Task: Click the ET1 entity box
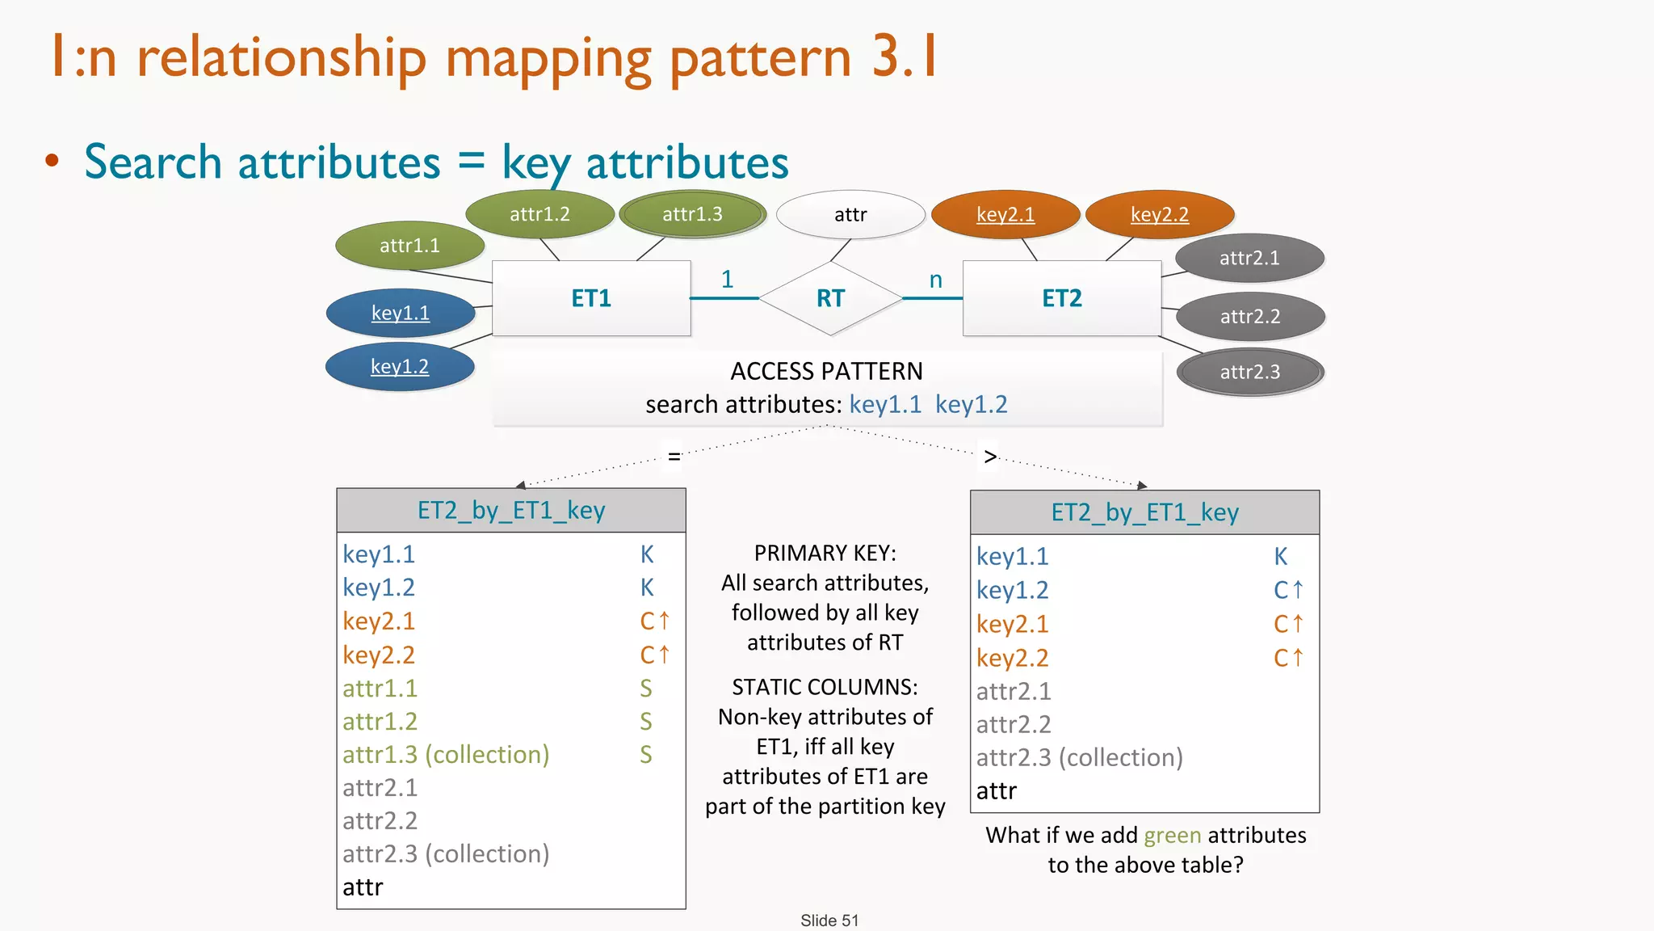click(x=591, y=298)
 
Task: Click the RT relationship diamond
click(x=830, y=298)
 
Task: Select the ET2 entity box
click(x=1061, y=298)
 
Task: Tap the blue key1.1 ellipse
click(x=401, y=313)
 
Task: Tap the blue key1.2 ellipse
click(x=400, y=367)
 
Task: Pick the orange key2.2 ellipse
click(x=1160, y=214)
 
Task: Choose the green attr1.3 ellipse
click(x=692, y=214)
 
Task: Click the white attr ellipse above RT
click(x=850, y=214)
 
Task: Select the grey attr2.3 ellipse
click(x=1249, y=372)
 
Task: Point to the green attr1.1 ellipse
click(x=409, y=246)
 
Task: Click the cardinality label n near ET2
click(x=935, y=280)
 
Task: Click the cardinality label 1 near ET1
click(x=727, y=279)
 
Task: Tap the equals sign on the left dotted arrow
click(x=674, y=457)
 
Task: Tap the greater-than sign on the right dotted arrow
click(x=990, y=457)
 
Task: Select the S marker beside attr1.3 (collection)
click(x=645, y=755)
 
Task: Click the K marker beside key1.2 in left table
click(x=647, y=588)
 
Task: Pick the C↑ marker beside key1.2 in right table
click(x=1287, y=590)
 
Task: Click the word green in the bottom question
click(x=1173, y=835)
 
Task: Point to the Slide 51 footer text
click(x=829, y=920)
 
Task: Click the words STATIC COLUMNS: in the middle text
click(x=825, y=687)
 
